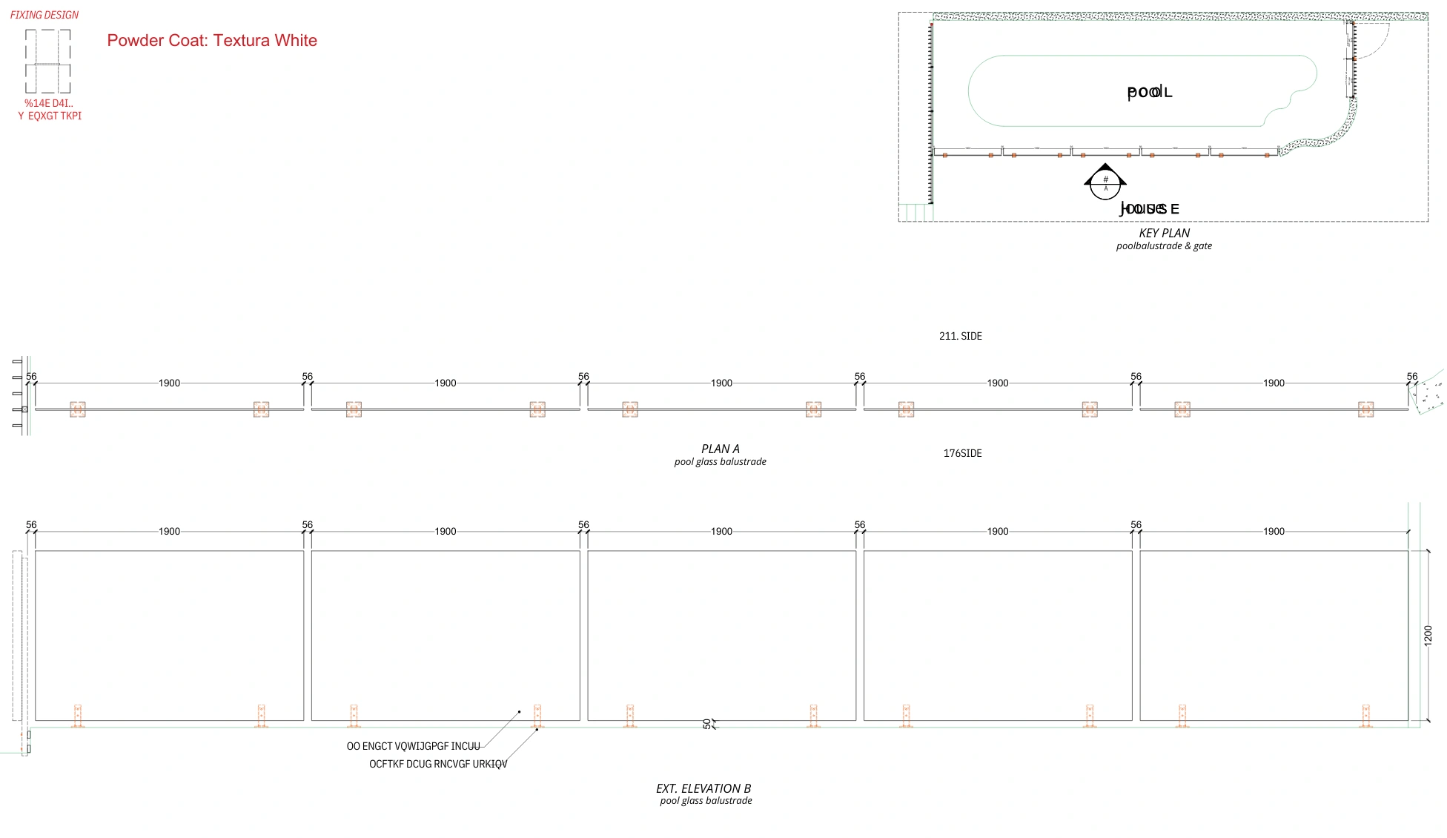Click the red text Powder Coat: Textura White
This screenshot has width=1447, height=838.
[212, 41]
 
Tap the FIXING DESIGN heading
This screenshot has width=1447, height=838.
[44, 15]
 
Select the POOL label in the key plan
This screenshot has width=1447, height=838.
[1149, 92]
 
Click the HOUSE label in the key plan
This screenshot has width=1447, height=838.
[1149, 209]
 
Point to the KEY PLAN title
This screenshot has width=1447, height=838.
[1164, 233]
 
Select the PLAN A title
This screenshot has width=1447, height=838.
[720, 449]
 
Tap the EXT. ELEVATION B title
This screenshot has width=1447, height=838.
[703, 788]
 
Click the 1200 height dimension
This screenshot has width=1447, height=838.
[1428, 636]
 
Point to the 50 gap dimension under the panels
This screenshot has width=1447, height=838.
[706, 723]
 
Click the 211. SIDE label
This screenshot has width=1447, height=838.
[960, 336]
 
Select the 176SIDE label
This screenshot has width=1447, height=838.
[962, 453]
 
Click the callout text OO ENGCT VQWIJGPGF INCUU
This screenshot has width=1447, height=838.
[413, 746]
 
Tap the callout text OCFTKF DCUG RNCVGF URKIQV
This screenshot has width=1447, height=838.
[438, 764]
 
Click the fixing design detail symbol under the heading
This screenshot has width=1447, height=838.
[48, 62]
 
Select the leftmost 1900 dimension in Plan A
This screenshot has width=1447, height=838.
[169, 383]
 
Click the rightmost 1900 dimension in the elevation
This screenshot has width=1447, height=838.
[1274, 532]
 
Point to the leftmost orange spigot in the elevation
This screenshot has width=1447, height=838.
[78, 716]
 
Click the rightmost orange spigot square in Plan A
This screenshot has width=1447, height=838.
[1365, 409]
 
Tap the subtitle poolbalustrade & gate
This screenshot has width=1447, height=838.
[1164, 246]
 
